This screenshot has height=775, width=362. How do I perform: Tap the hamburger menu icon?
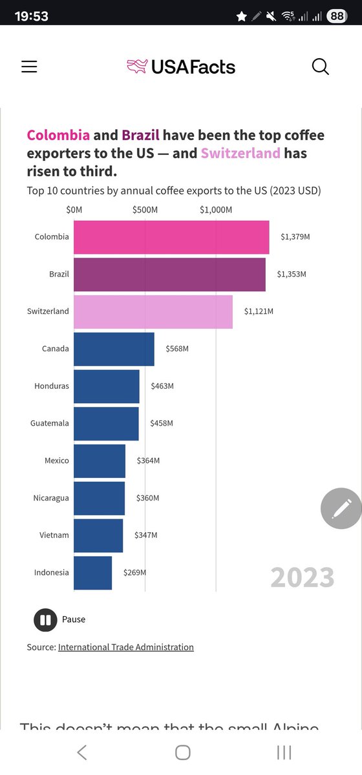(29, 67)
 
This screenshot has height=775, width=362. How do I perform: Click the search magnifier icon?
(321, 67)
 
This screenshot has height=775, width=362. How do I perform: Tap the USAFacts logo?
(181, 67)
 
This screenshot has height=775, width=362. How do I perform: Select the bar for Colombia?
(171, 237)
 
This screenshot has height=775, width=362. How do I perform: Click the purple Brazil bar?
(169, 274)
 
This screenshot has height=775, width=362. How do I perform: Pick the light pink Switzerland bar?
(153, 311)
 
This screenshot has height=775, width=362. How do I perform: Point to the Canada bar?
(114, 349)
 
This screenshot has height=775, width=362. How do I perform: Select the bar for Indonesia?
(92, 573)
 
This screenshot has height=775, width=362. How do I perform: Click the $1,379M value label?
(295, 237)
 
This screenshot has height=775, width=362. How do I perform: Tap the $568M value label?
(176, 349)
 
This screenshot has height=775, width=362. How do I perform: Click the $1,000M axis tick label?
(216, 209)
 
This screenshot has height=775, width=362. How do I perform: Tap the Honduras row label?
(51, 386)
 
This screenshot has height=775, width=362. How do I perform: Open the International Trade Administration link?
(126, 647)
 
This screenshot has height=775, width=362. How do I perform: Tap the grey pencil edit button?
(341, 508)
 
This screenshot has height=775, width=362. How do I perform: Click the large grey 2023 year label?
(302, 577)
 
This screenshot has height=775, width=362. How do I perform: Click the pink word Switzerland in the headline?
(240, 154)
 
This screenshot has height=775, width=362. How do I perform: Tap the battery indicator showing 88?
(337, 15)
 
